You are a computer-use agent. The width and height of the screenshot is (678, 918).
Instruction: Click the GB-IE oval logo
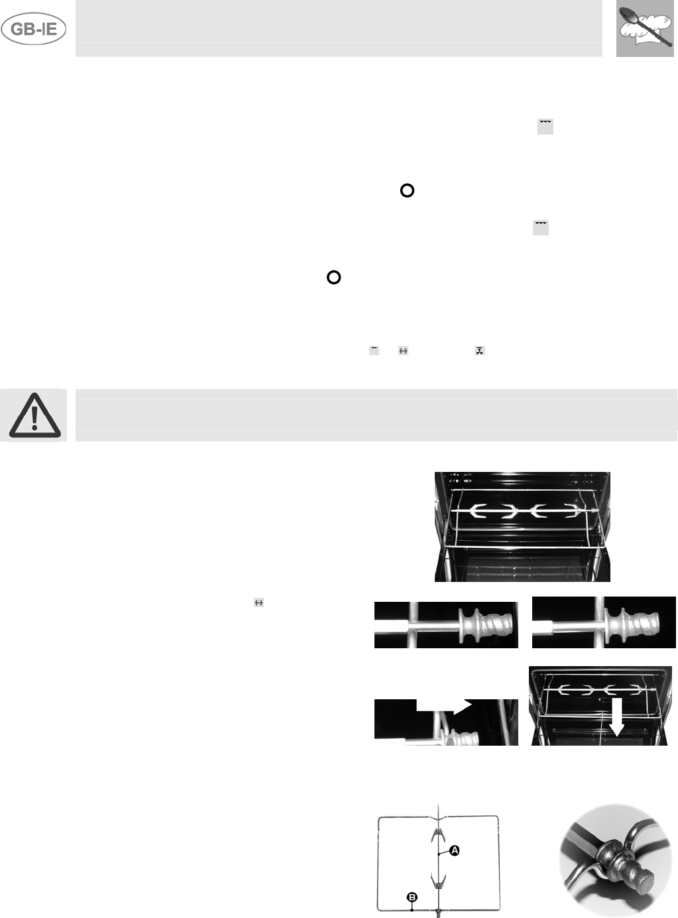34,30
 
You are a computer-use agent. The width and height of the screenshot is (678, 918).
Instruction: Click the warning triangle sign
34,416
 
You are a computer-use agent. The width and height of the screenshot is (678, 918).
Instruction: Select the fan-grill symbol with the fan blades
479,350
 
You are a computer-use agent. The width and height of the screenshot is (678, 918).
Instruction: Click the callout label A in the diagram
455,850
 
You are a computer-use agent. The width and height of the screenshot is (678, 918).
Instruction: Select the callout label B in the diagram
412,897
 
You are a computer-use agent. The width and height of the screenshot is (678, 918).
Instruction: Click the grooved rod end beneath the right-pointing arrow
468,736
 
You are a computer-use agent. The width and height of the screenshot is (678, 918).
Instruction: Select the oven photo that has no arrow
522,526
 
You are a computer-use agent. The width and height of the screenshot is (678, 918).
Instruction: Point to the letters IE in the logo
50,30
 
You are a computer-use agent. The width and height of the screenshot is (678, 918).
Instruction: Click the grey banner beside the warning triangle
376,415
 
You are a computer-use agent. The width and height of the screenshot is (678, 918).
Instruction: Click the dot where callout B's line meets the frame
412,910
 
